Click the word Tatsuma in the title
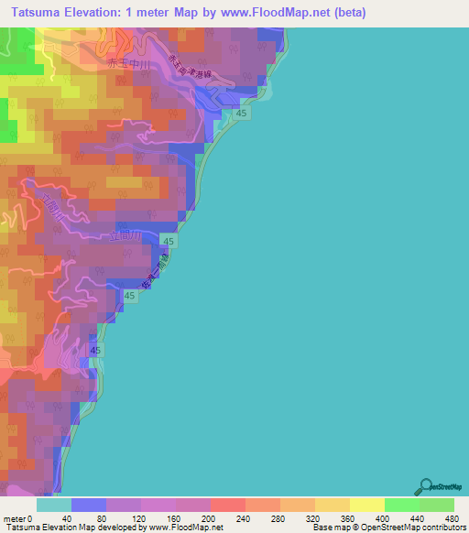click(38, 12)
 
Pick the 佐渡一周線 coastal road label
click(154, 279)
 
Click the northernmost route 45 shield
click(241, 112)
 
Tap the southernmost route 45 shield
click(97, 351)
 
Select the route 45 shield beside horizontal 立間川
click(169, 240)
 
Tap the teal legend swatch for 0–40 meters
click(53, 505)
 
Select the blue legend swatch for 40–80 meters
click(88, 505)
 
